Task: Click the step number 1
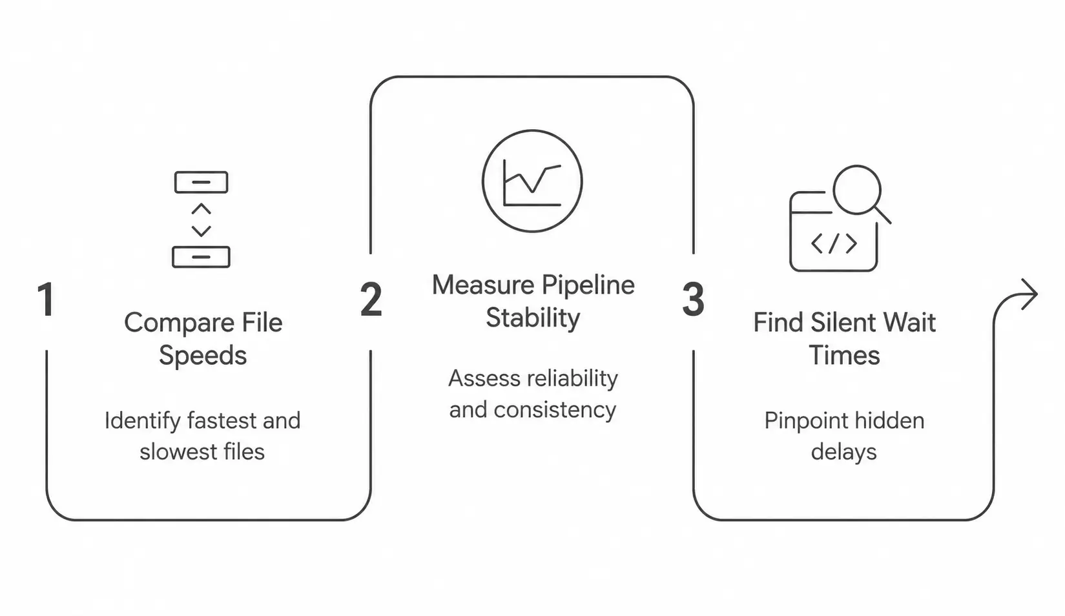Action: (46, 299)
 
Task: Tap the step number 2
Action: (371, 299)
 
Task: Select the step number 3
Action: (693, 299)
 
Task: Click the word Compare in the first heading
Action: (180, 323)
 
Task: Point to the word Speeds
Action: (203, 356)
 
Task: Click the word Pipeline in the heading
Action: (588, 285)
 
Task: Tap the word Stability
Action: (533, 318)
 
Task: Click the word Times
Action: (844, 356)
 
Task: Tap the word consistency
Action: (555, 410)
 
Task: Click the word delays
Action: (844, 451)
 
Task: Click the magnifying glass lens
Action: (857, 190)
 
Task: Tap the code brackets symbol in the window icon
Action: (834, 243)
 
